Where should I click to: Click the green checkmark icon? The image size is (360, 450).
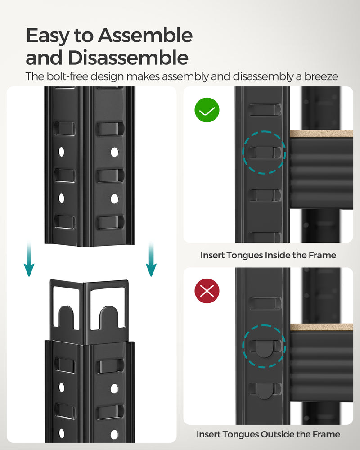coord(207,110)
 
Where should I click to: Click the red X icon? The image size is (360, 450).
coord(207,291)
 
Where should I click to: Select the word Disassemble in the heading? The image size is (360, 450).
coord(128,58)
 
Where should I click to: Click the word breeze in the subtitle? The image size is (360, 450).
coord(320,76)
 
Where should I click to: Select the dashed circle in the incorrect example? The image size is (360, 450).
coord(264,346)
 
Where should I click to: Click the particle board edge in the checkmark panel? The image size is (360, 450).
coord(321,134)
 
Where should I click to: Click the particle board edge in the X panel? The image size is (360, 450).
coord(321,327)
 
